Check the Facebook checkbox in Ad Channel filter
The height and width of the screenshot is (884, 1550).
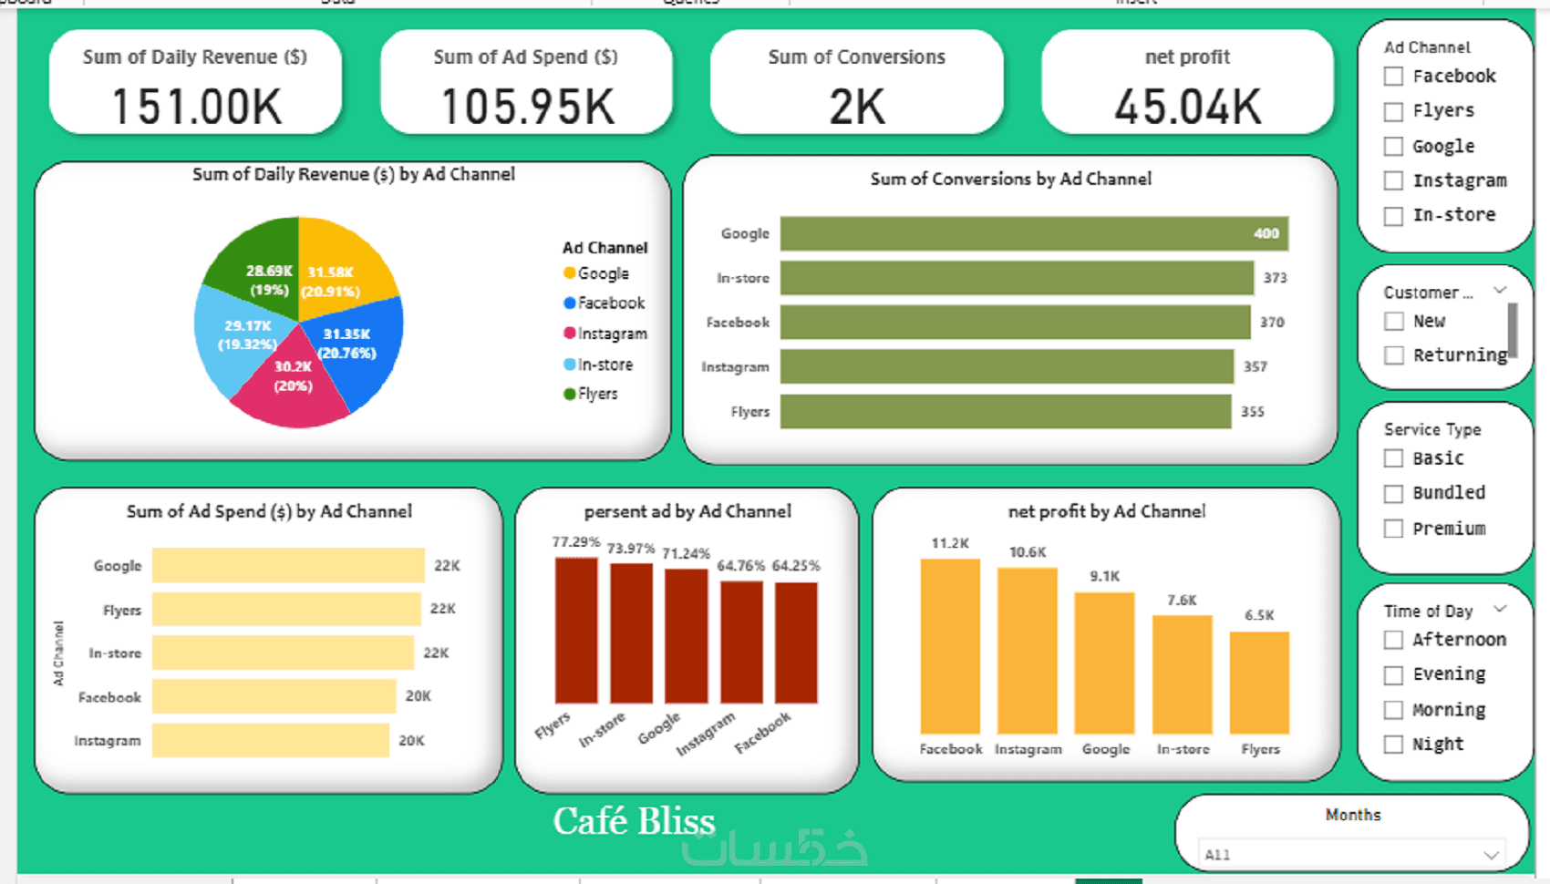coord(1393,77)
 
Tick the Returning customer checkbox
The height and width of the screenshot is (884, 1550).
coord(1393,355)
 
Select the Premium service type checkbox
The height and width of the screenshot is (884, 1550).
coord(1393,529)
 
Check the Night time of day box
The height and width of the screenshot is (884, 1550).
coord(1393,745)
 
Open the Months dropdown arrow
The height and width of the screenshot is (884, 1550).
coord(1491,855)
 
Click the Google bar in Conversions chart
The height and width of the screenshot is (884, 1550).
coord(1033,233)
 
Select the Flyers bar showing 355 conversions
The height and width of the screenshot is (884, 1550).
coord(1005,411)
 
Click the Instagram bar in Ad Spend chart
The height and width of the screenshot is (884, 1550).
coord(270,740)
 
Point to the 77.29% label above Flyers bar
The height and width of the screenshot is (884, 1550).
coord(575,542)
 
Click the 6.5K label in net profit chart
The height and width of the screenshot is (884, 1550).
coord(1259,615)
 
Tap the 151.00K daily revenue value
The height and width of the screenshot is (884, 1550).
coord(196,107)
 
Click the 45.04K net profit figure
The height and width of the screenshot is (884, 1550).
coord(1187,107)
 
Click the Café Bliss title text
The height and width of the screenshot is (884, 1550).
coord(634,821)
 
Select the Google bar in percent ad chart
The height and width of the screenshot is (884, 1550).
coord(686,635)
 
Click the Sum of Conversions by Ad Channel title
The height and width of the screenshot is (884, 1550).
coord(1010,180)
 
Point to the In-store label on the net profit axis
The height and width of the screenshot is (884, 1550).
coord(1183,749)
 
